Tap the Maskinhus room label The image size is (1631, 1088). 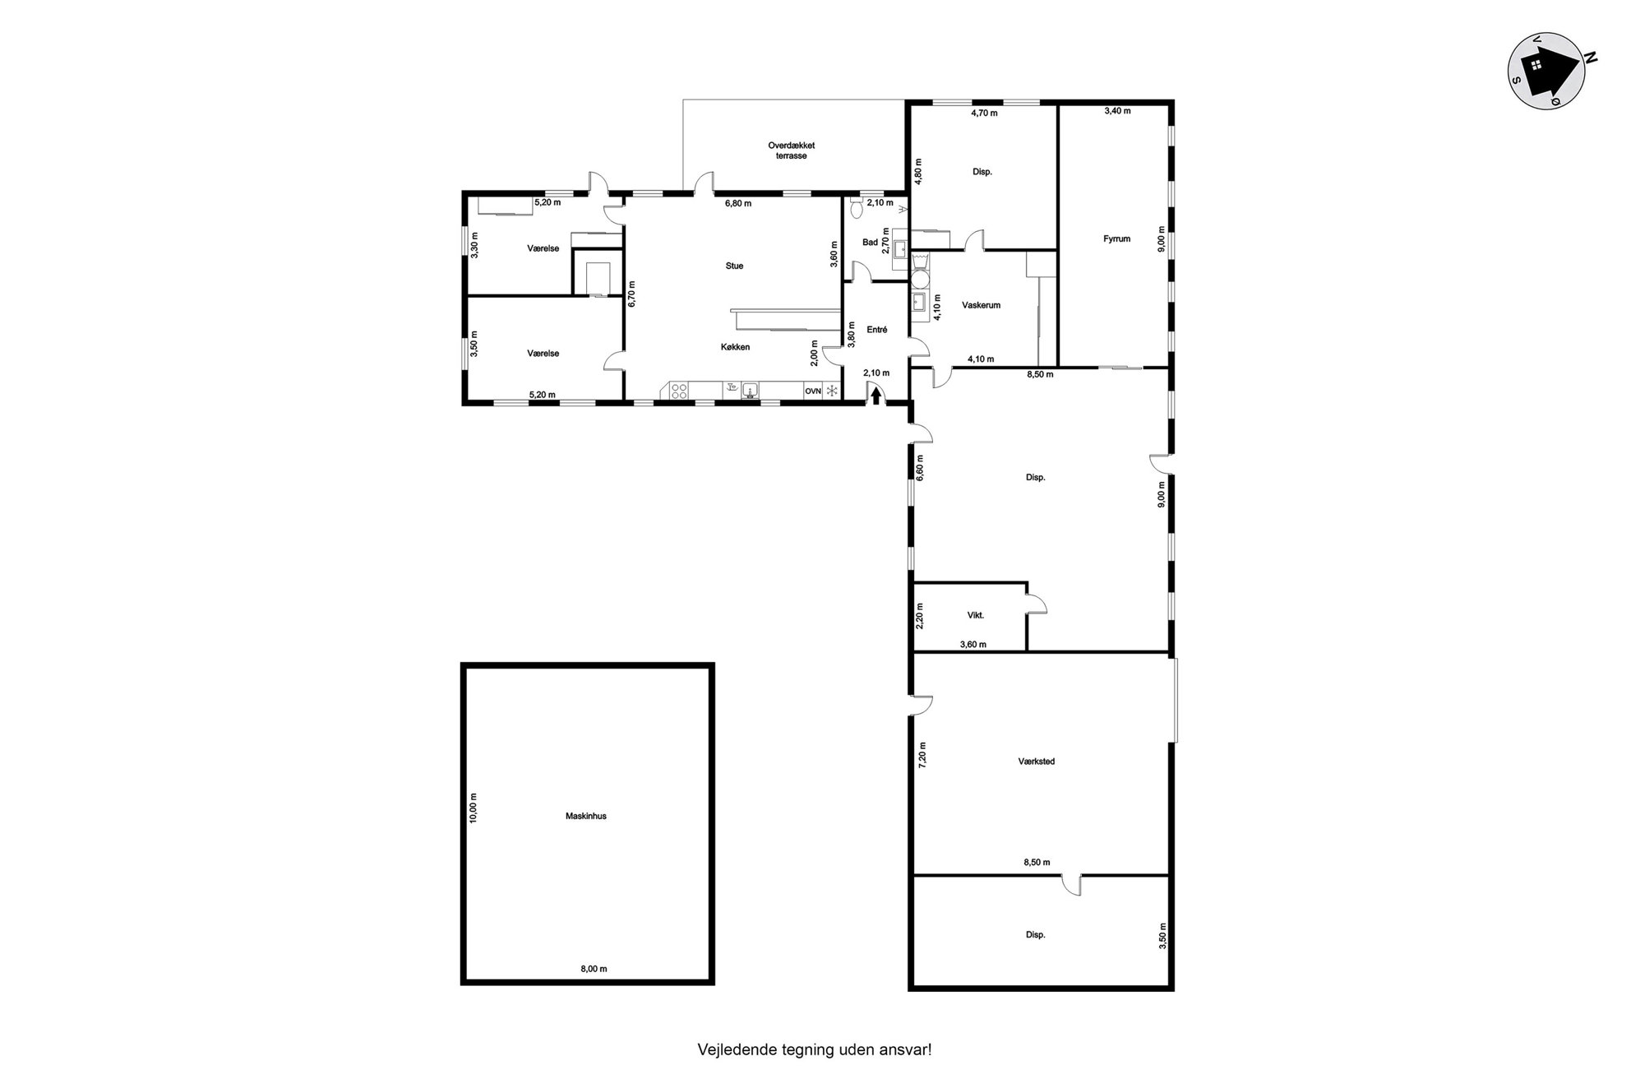pyautogui.click(x=586, y=817)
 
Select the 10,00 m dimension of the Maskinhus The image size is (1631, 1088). pyautogui.click(x=473, y=808)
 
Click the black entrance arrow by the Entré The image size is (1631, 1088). pyautogui.click(x=876, y=396)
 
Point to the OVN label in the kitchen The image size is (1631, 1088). pyautogui.click(x=813, y=391)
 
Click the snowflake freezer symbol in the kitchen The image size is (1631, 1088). pyautogui.click(x=832, y=391)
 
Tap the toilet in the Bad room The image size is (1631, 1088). pyautogui.click(x=857, y=208)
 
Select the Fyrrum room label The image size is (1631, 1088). pyautogui.click(x=1116, y=239)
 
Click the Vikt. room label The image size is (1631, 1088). pyautogui.click(x=975, y=615)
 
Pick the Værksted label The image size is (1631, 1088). pyautogui.click(x=1036, y=762)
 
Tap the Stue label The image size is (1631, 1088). pyautogui.click(x=734, y=266)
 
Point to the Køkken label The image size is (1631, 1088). pyautogui.click(x=735, y=347)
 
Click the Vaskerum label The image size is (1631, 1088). pyautogui.click(x=981, y=305)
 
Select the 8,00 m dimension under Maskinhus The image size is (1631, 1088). pyautogui.click(x=594, y=969)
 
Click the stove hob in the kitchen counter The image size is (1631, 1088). pyautogui.click(x=679, y=391)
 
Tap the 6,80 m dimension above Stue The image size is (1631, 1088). pyautogui.click(x=737, y=203)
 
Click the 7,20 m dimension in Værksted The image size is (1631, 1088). pyautogui.click(x=922, y=754)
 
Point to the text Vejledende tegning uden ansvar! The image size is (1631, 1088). pyautogui.click(x=815, y=1049)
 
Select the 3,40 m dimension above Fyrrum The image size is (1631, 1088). pyautogui.click(x=1117, y=110)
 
